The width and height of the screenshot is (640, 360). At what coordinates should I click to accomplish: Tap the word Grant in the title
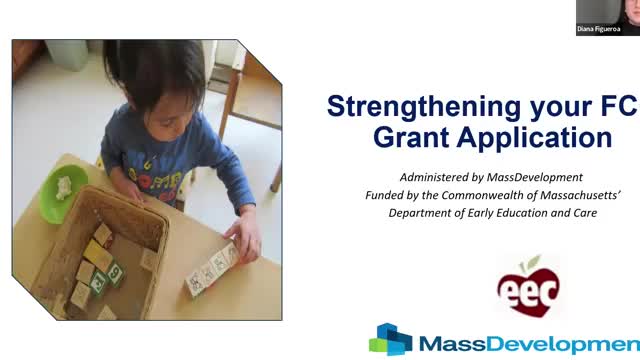click(x=410, y=137)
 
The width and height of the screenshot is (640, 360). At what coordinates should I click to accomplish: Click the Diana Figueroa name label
click(x=601, y=30)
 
